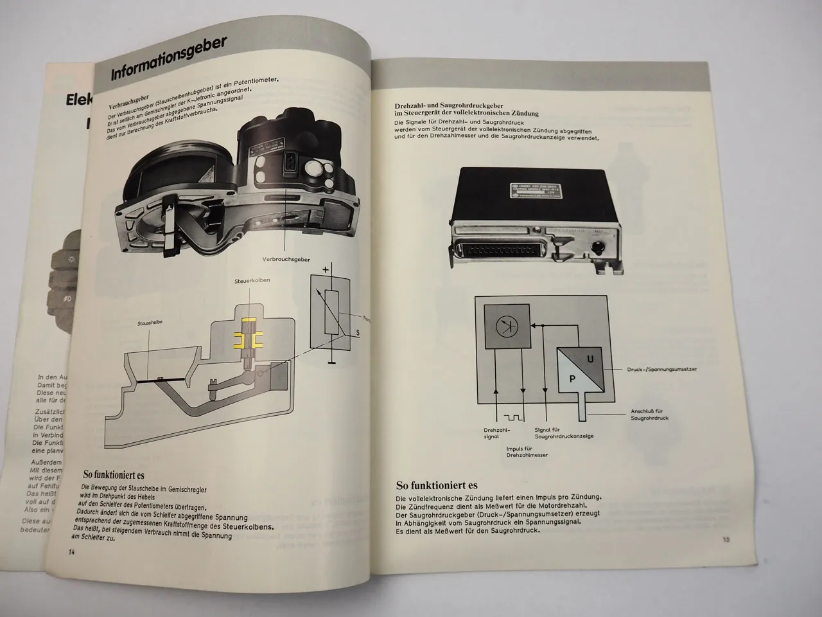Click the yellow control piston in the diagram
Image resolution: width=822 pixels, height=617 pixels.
pos(247,338)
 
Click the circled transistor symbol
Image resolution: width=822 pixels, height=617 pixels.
pos(505,326)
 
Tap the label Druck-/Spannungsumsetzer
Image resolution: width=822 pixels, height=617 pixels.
pos(661,370)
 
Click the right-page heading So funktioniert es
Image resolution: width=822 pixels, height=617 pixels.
pos(437,485)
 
